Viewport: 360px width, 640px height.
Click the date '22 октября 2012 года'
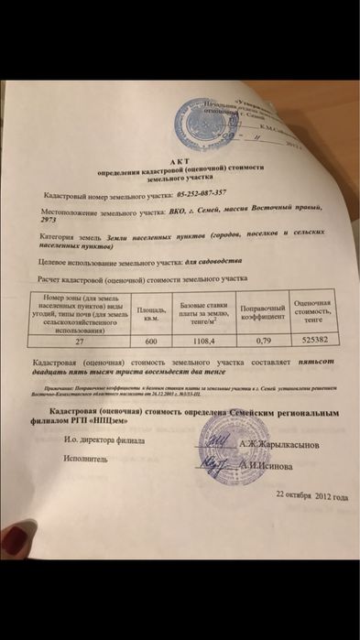click(x=311, y=495)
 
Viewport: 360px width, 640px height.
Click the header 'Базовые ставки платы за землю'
click(x=199, y=311)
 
